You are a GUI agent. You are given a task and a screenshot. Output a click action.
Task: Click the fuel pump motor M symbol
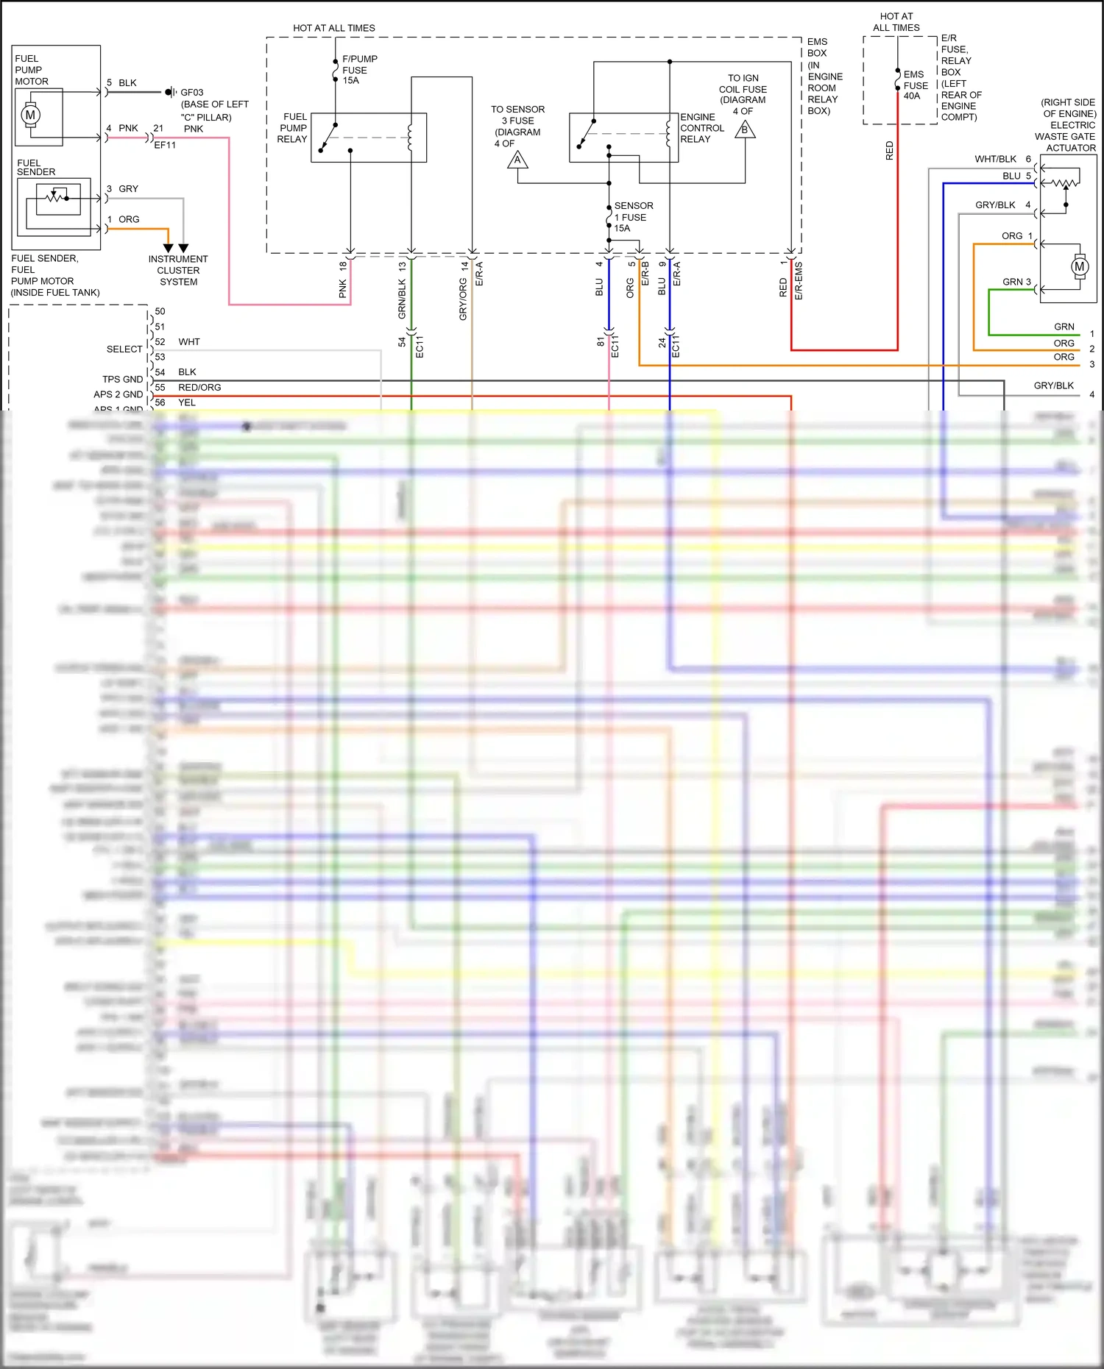pos(30,115)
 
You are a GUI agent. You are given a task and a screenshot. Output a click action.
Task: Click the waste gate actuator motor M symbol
pos(1079,266)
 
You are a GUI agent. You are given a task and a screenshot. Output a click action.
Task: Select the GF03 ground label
pos(191,93)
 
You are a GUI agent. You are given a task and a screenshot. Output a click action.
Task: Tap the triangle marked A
pos(517,160)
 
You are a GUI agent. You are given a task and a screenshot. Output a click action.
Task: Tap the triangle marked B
pos(745,130)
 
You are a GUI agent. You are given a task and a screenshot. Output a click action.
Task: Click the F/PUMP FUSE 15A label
pos(359,70)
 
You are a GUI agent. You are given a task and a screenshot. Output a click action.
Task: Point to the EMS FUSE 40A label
pos(916,85)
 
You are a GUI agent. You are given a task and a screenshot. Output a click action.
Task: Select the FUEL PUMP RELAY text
pos(292,128)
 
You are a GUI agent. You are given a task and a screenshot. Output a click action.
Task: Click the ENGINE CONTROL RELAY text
pos(701,128)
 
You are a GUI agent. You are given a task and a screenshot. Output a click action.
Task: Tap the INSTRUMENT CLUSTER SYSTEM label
pos(178,270)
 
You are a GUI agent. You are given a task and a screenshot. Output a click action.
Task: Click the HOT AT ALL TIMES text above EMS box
pos(334,28)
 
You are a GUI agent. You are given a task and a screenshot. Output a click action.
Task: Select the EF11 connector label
pos(165,145)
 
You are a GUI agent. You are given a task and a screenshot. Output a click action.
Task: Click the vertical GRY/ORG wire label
pos(463,299)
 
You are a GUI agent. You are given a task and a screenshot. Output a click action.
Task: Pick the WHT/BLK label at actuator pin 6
pos(995,159)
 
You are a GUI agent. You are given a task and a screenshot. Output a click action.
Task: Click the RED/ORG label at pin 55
pos(199,387)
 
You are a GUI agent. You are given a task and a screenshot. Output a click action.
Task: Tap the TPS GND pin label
pos(122,380)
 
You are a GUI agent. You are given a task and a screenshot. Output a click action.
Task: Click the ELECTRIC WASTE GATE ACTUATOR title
pos(1068,125)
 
